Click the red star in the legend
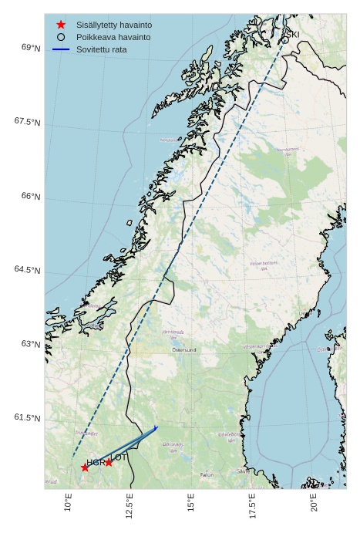click(x=61, y=25)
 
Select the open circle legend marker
click(x=61, y=37)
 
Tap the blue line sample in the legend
click(x=61, y=49)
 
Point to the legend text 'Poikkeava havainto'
click(x=113, y=37)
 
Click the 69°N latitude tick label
click(x=31, y=48)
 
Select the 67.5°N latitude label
click(x=27, y=122)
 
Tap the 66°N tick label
click(x=31, y=196)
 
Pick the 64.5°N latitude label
click(x=27, y=269)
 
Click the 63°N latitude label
click(x=31, y=343)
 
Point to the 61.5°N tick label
click(x=27, y=417)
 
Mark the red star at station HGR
click(x=85, y=467)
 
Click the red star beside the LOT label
click(x=109, y=462)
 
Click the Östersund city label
click(x=184, y=349)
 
